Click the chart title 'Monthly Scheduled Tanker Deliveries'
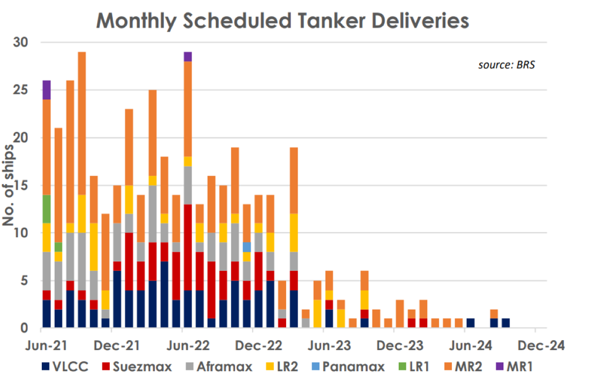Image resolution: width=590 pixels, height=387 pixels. [282, 21]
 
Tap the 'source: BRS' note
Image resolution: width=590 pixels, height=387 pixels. [507, 65]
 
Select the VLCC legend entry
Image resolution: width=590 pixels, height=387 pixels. [65, 366]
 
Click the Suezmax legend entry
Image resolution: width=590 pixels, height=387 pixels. [137, 366]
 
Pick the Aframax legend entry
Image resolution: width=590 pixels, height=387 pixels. [219, 366]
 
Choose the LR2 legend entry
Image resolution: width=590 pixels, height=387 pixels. [282, 366]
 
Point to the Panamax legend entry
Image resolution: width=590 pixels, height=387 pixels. [348, 366]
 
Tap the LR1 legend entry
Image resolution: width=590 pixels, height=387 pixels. [414, 366]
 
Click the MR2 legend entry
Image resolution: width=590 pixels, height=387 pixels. [463, 366]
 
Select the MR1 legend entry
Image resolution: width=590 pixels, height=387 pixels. [514, 366]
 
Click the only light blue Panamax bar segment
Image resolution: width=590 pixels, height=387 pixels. [247, 247]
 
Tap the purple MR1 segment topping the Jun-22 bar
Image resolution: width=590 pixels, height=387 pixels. [188, 57]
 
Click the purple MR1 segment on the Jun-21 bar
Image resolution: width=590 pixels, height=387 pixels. [47, 90]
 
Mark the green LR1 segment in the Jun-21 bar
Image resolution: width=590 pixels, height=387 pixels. [47, 209]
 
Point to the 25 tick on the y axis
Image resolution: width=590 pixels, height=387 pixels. [20, 90]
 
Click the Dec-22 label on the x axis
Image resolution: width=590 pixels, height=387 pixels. [258, 346]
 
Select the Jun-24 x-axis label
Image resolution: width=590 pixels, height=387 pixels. [471, 346]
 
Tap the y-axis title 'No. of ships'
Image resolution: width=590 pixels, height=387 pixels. [8, 185]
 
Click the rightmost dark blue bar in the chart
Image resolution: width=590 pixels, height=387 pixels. [506, 323]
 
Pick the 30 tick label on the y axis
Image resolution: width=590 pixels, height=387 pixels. [20, 42]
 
